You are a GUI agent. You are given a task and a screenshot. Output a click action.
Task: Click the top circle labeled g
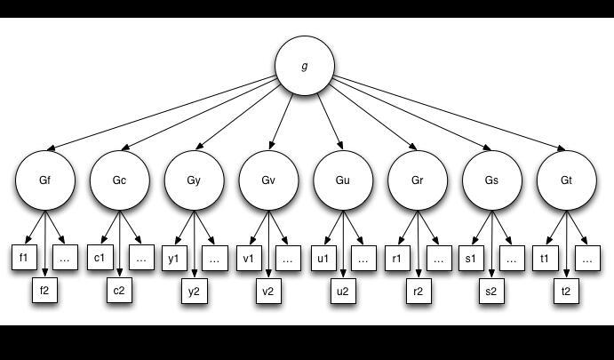coord(305,67)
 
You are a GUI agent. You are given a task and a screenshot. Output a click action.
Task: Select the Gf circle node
coord(44,180)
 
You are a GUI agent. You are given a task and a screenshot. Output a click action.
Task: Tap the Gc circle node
coord(119,180)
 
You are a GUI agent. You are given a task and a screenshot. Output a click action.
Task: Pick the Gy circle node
coord(194,180)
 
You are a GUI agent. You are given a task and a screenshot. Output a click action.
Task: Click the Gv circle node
coord(268,180)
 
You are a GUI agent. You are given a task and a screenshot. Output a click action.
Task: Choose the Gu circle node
coord(343,180)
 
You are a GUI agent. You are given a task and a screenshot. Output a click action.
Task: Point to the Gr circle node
coord(418,180)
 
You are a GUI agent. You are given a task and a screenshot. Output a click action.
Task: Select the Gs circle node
coord(491,180)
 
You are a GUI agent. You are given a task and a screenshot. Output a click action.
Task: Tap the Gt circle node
coord(566,180)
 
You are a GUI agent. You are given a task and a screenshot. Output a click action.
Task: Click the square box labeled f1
coord(24,258)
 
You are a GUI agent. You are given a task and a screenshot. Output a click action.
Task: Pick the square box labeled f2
coord(44,291)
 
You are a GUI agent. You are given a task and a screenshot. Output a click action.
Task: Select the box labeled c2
coord(119,291)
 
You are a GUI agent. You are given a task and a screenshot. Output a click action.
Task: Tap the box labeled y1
coord(173,258)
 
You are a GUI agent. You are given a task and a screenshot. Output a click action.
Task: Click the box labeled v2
coord(268,291)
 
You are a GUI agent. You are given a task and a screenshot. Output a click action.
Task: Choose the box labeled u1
coord(323,258)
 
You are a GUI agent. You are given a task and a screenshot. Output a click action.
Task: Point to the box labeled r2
coord(418,291)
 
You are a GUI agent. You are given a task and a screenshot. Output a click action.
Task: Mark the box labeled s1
coord(472,258)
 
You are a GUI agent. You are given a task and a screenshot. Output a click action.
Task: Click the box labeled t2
coord(566,291)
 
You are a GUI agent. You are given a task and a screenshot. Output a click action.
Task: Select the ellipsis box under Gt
coord(586,258)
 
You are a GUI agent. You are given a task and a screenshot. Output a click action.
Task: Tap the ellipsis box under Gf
coord(65,258)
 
